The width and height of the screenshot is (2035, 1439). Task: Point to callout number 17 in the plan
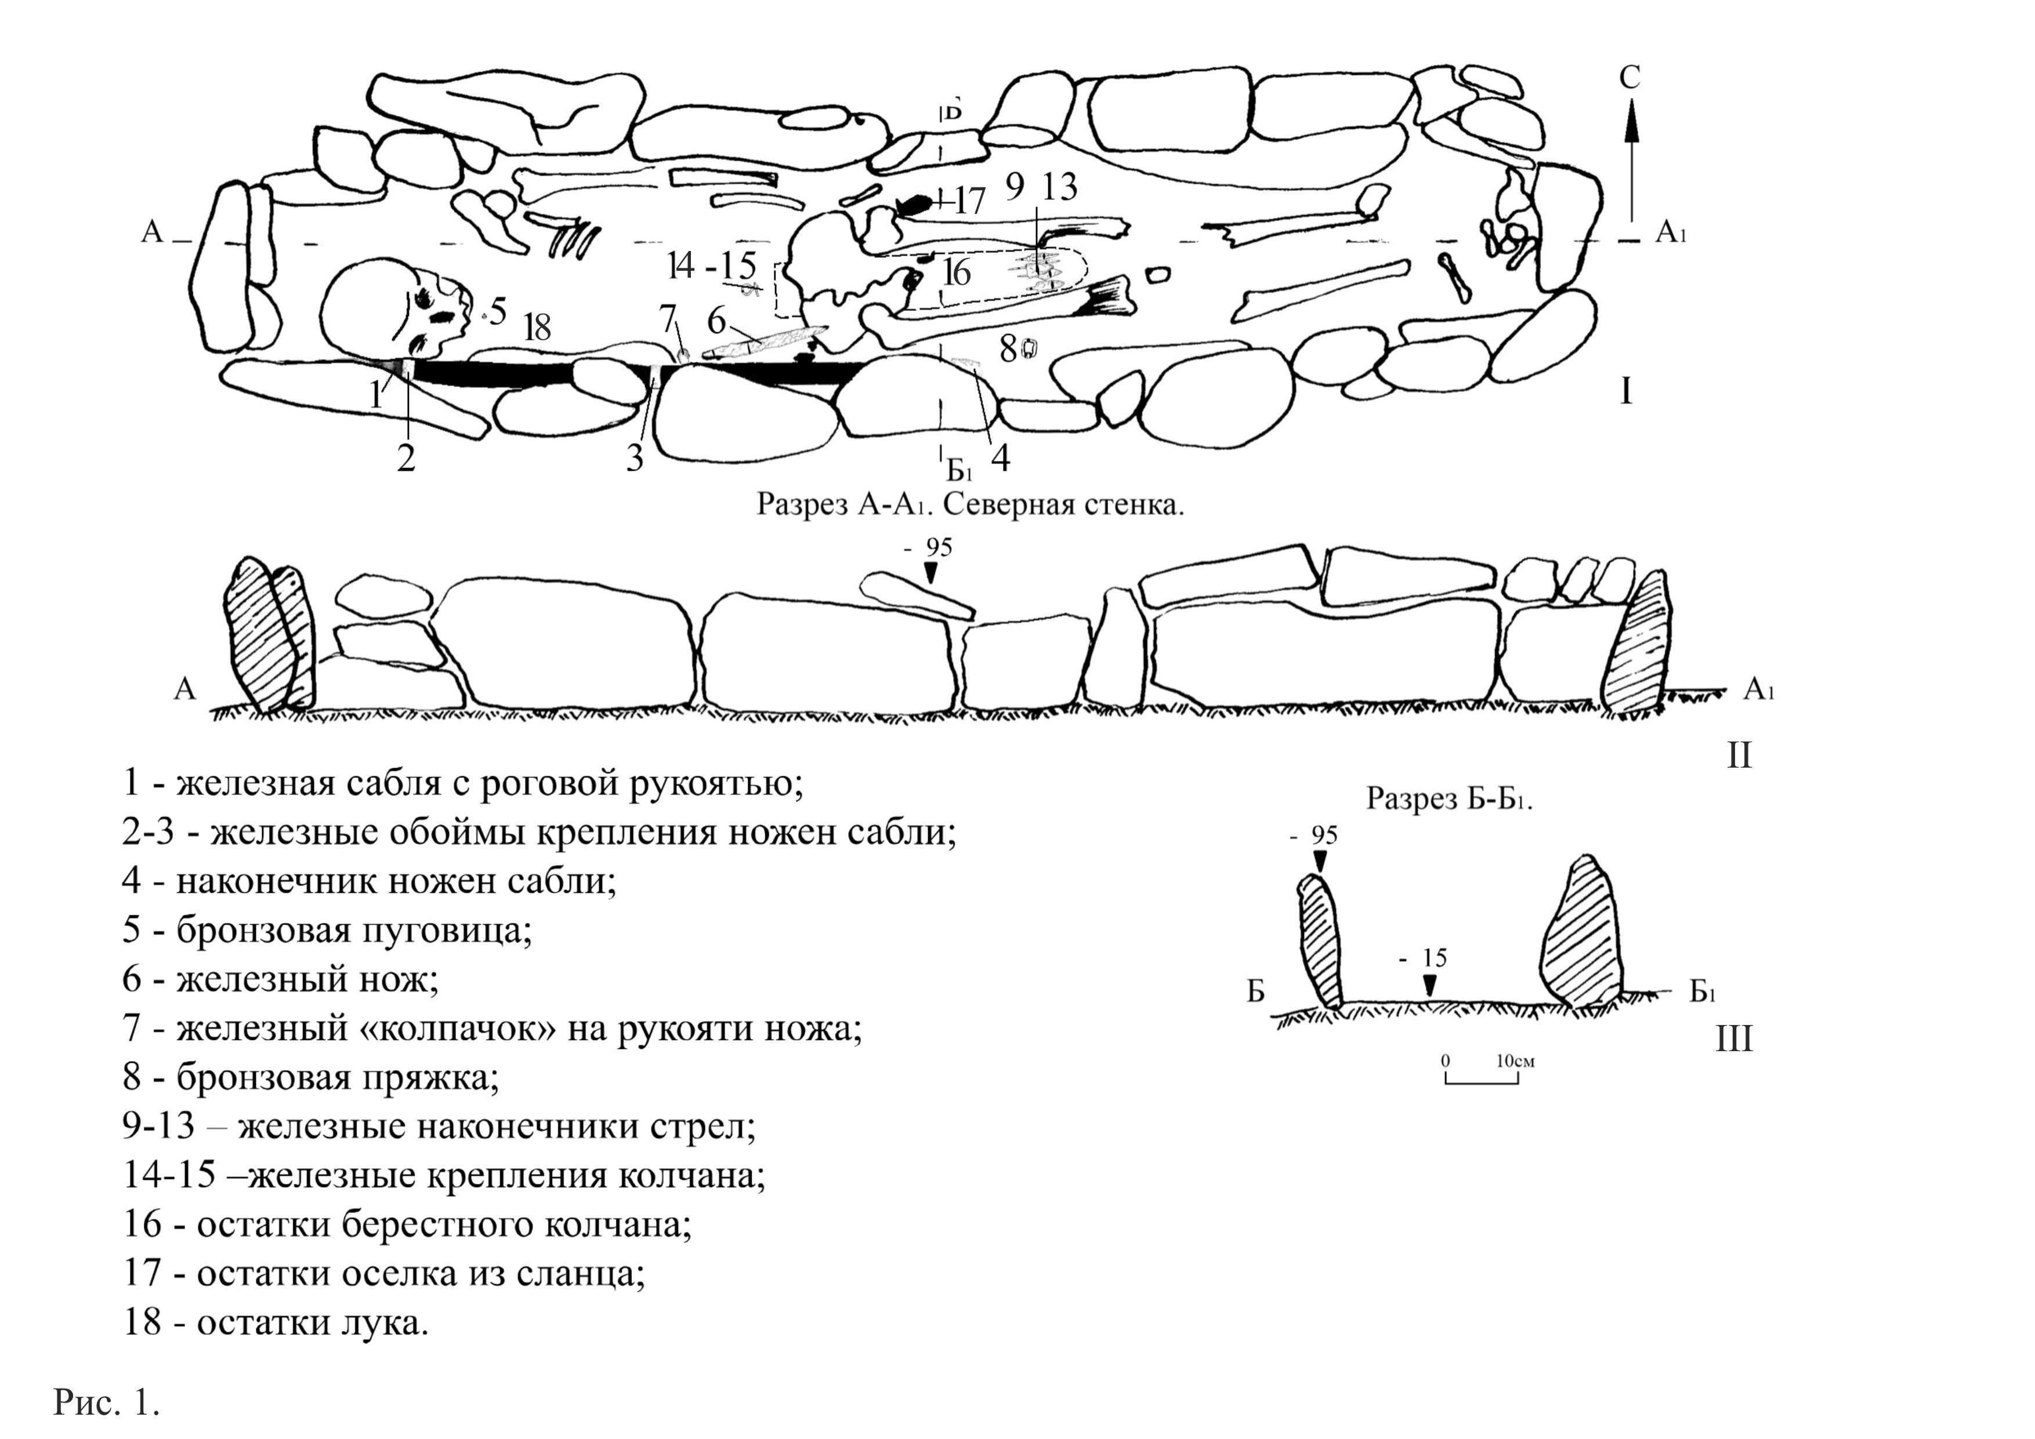(969, 202)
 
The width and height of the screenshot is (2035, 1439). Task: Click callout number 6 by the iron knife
(716, 321)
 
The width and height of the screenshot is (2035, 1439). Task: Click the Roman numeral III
(1734, 1038)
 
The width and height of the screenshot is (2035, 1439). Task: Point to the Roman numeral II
(1739, 755)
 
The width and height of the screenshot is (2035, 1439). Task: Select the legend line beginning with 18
(276, 1323)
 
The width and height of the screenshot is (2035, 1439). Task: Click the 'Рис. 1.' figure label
(106, 1402)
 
